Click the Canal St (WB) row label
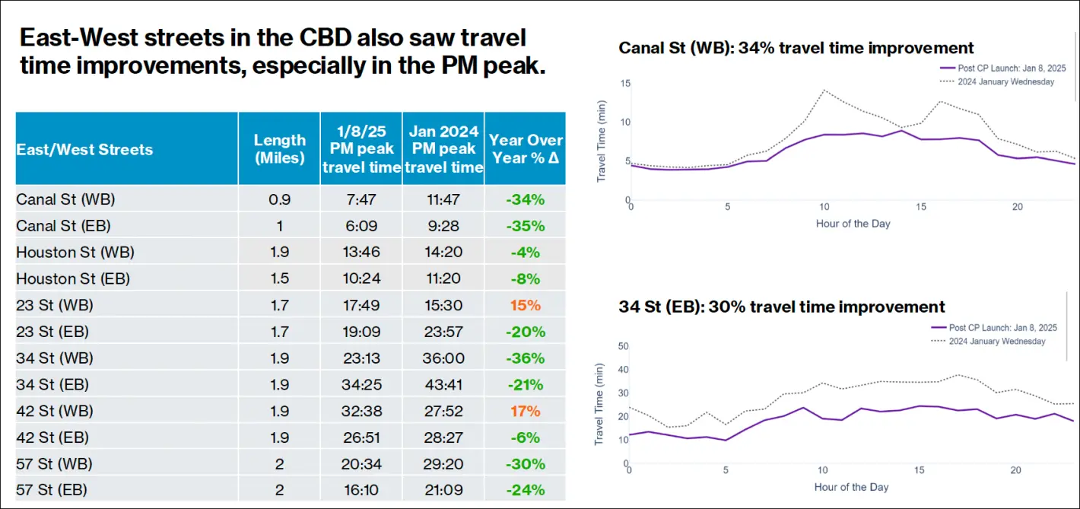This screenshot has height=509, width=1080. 65,199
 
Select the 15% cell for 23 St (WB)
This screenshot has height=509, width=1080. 526,305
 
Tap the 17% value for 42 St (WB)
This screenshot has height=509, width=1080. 526,411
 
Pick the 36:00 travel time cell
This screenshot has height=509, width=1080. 443,358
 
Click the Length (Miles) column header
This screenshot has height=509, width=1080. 279,148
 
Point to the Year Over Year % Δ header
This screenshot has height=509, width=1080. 526,148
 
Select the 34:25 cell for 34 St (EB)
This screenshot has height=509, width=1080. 361,385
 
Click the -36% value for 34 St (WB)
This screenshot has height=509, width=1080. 526,358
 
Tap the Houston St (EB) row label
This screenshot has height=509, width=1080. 73,278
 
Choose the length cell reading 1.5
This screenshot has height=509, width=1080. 279,278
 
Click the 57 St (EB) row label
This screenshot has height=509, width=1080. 52,490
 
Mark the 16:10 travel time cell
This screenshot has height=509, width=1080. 361,490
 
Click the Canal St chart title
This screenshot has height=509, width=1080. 796,48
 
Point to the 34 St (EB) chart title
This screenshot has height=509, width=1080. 782,307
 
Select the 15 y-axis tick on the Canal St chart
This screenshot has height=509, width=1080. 625,82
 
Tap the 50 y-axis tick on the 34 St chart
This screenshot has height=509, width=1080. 623,346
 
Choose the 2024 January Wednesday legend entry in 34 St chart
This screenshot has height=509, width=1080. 996,341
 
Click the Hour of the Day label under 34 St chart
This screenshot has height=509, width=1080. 851,487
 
